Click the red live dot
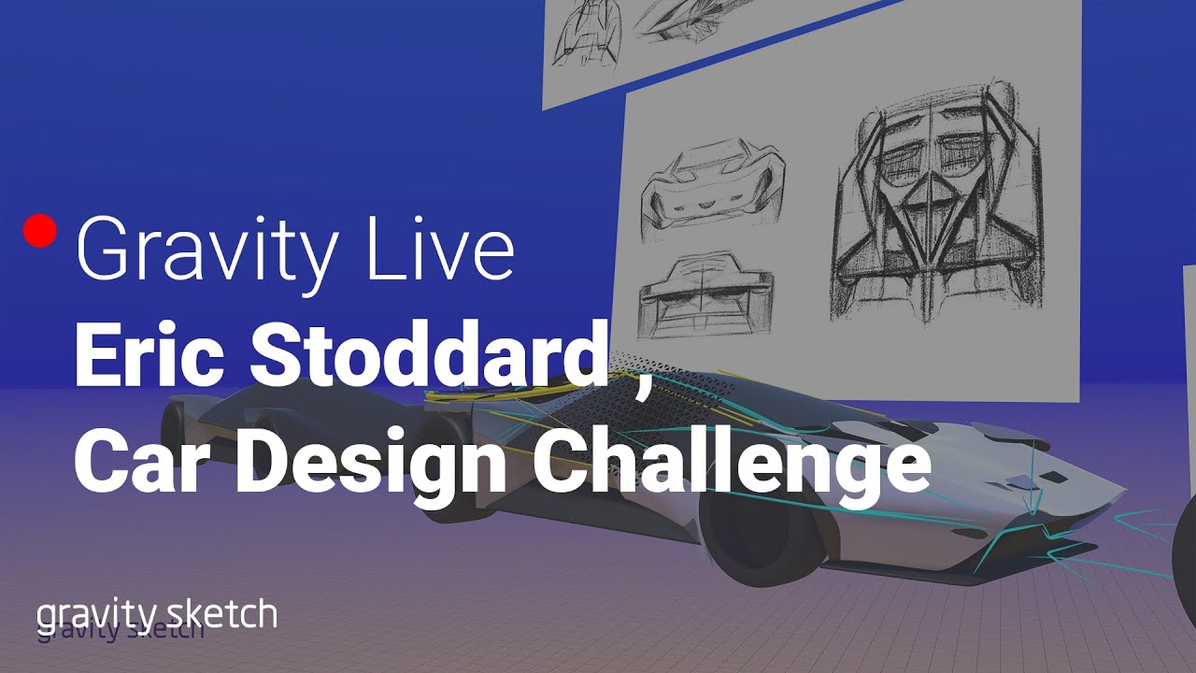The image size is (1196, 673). coord(40,231)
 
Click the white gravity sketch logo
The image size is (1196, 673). coord(157,614)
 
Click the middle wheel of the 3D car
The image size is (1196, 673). coord(448,467)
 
